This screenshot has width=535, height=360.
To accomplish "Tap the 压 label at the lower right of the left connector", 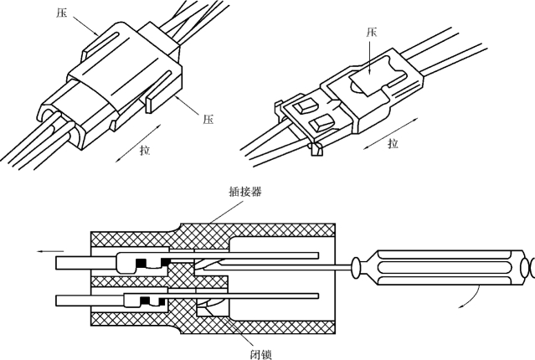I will click(208, 118).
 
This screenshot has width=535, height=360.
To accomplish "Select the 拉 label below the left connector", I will click(144, 150).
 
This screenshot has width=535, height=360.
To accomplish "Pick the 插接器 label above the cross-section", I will click(244, 191).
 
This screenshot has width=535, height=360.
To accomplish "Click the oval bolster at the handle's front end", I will click(358, 267).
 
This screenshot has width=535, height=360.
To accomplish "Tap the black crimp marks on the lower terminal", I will click(152, 300).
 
